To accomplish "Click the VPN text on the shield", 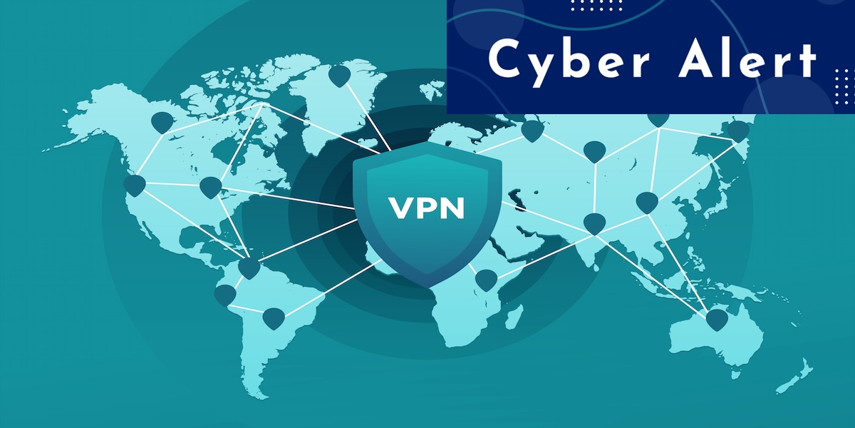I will coord(427,208).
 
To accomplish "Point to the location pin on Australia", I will coord(716,319).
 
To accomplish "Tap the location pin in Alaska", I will coord(163,122).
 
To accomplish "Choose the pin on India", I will coord(594,223).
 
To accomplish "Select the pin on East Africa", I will coord(485,280).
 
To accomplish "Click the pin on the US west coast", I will coord(134,185).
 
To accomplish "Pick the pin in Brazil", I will coord(274,317).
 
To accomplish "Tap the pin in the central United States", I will coord(210,188).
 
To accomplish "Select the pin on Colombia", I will coord(249,268).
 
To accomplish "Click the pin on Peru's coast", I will coord(224,295).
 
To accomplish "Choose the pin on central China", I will coord(646,203).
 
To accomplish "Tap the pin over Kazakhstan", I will coord(594,151).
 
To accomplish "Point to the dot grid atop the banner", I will coord(591,5).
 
